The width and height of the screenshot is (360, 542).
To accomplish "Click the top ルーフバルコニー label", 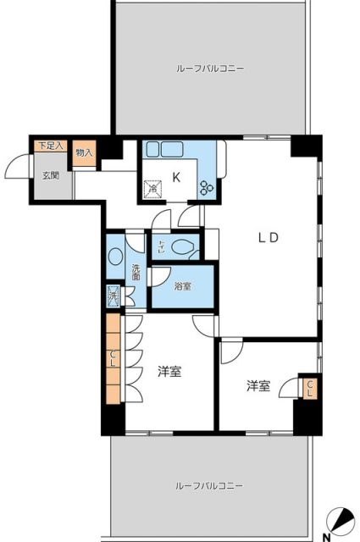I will click(x=211, y=68).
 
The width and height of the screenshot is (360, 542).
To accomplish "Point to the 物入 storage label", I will click(x=84, y=152).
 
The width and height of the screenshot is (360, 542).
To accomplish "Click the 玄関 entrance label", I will click(x=51, y=176).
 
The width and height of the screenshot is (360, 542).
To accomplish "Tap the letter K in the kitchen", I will click(x=177, y=177).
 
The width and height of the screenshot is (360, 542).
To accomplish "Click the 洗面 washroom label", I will click(x=136, y=273).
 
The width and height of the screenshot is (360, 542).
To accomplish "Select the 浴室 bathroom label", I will click(x=182, y=287).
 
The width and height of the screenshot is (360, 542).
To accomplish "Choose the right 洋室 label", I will click(x=258, y=386).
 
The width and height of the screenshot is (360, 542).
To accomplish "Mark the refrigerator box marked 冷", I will click(x=153, y=190).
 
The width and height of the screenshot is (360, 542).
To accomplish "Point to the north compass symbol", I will click(x=342, y=520).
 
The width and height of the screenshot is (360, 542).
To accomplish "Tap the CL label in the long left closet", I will click(x=113, y=359).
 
